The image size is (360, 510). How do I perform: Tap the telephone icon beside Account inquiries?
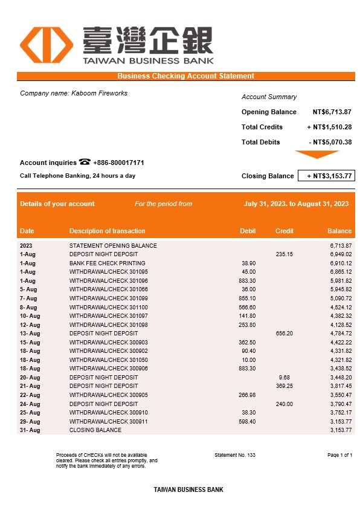pos(85,162)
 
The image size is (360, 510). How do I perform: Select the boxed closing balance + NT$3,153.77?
pos(326,176)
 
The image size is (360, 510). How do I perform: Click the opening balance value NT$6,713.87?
pos(332,112)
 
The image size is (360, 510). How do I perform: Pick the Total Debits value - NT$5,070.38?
pos(330,142)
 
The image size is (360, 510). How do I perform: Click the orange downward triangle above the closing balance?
pos(317,155)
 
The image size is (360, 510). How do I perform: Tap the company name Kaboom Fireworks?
pos(99,93)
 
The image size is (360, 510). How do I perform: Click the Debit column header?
pos(248,231)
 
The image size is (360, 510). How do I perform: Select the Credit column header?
pos(284,231)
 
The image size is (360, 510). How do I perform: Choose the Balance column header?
pos(339,231)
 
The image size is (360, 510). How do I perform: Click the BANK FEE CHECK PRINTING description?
pos(108,263)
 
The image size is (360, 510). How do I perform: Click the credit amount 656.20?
pos(284,334)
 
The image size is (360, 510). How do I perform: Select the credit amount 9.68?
pos(285,378)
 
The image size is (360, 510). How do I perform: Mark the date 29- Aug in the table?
pos(30,421)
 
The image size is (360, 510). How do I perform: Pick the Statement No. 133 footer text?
pos(235,454)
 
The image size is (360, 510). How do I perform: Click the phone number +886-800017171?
pos(118,163)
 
